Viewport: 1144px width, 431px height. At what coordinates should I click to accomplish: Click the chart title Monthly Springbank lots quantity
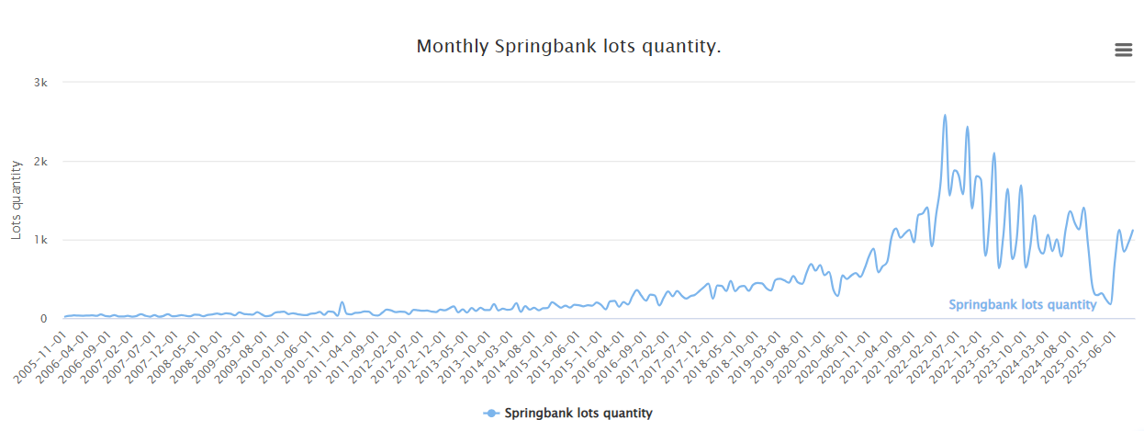[x=568, y=47]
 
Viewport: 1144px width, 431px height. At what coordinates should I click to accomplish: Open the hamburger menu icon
[x=1123, y=50]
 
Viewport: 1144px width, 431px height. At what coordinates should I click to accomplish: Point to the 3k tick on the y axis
[x=40, y=83]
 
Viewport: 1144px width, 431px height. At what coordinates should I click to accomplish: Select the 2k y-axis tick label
[x=40, y=162]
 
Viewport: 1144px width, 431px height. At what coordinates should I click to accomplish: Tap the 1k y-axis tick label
[x=40, y=240]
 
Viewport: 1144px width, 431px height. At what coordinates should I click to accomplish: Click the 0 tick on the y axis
[x=43, y=319]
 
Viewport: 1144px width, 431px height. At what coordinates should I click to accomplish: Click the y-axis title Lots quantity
[x=17, y=200]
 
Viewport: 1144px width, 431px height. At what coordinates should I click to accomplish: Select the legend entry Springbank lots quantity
[x=578, y=414]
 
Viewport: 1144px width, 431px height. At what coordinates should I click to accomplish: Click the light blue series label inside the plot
[x=1022, y=305]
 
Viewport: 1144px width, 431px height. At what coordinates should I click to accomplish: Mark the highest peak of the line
[x=945, y=116]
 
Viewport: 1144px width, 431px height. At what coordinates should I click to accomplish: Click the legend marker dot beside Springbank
[x=491, y=414]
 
